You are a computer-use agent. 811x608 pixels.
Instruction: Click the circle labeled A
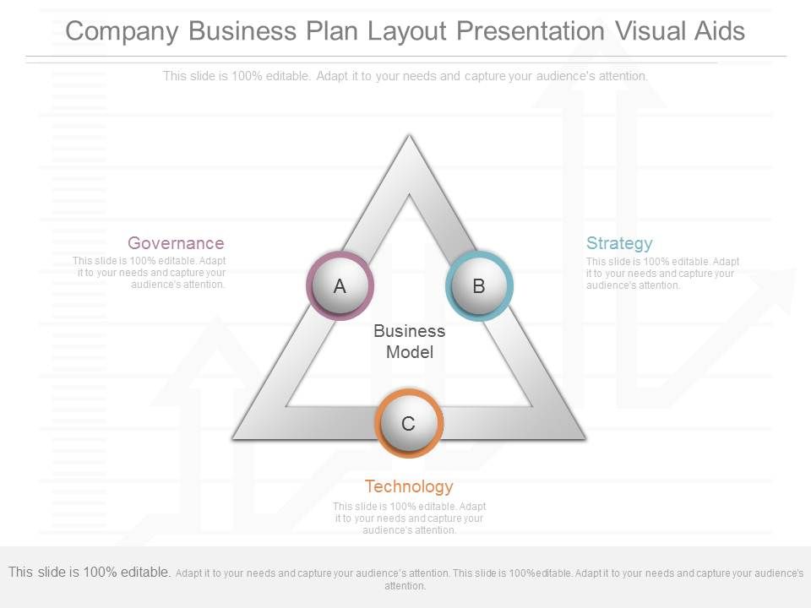click(x=340, y=285)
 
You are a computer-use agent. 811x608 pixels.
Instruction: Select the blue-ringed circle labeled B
click(x=478, y=285)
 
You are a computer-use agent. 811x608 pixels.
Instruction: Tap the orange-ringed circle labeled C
click(x=408, y=423)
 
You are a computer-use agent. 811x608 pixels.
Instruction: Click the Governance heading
click(x=176, y=243)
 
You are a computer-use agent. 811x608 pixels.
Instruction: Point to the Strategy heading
click(x=619, y=243)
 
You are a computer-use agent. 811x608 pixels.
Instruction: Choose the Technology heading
click(x=409, y=486)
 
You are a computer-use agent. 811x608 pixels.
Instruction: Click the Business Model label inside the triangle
click(x=409, y=341)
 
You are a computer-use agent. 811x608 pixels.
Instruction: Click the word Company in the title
click(x=123, y=31)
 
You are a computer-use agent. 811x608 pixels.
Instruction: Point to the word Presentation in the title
click(x=531, y=31)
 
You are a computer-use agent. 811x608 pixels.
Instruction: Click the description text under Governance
click(x=150, y=273)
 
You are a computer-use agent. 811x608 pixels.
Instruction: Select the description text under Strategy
click(x=662, y=273)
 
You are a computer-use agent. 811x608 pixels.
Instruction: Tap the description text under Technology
click(x=409, y=518)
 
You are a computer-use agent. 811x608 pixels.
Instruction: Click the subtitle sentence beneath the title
click(x=405, y=76)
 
